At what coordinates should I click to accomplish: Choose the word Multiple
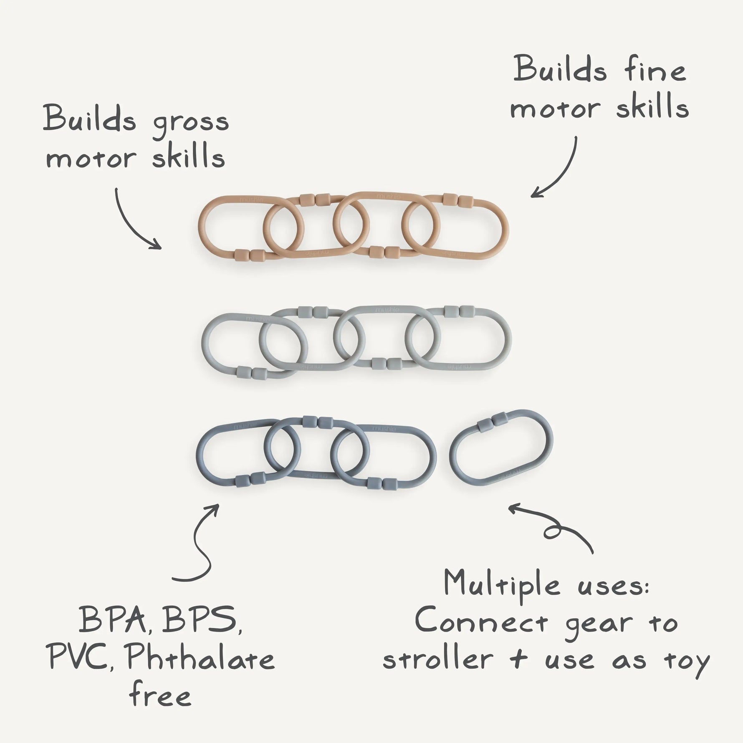coord(501,585)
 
